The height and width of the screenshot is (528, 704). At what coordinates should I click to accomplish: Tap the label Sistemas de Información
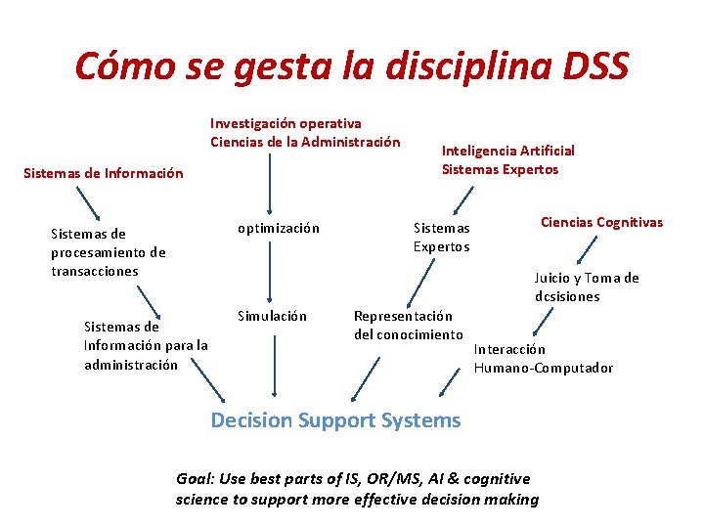(103, 174)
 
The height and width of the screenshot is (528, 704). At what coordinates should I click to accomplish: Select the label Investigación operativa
(286, 123)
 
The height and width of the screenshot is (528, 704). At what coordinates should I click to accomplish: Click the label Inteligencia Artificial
(507, 151)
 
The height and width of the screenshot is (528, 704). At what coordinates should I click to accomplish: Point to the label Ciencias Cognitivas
(601, 222)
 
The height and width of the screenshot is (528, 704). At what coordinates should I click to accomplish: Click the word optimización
(279, 228)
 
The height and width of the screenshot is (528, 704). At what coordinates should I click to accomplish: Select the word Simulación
(273, 316)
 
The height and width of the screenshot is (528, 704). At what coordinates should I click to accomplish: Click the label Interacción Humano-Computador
(543, 359)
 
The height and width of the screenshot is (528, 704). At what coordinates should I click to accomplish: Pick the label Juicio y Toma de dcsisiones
(586, 286)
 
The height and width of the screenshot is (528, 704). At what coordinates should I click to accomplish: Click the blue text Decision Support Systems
(335, 420)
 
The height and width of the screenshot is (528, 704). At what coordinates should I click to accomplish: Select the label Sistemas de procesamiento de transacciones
(109, 251)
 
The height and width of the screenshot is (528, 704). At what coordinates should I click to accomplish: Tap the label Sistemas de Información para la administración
(146, 345)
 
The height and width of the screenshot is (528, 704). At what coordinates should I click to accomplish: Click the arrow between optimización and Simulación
(273, 271)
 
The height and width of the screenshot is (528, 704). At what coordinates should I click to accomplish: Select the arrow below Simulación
(274, 363)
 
